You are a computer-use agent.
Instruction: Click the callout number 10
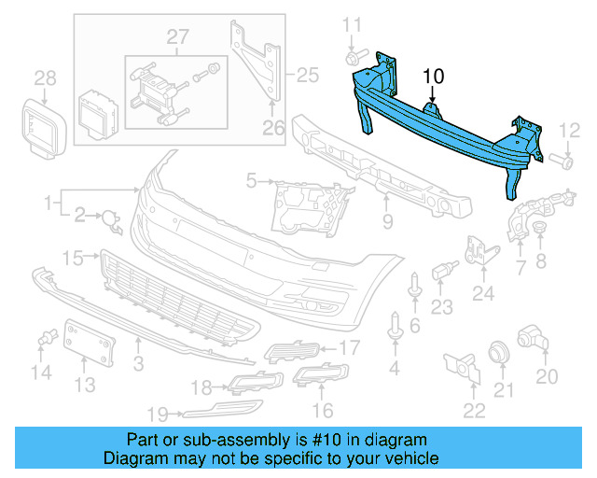click(x=435, y=76)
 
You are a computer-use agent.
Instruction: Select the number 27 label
click(x=177, y=36)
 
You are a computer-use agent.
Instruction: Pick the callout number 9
click(x=387, y=222)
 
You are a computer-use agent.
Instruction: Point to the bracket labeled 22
click(x=461, y=366)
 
